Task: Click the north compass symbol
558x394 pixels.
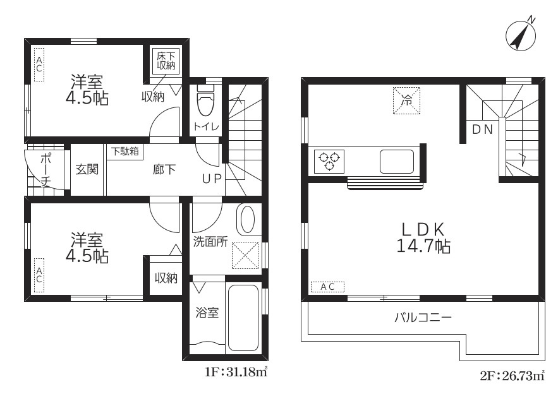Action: pos(520,35)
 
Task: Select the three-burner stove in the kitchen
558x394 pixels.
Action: pos(329,162)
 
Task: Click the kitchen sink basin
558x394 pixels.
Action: pos(397,162)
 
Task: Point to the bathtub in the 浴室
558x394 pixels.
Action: pos(243,318)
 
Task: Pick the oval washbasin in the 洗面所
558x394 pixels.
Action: pos(247,219)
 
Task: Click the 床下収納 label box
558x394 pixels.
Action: pos(166,61)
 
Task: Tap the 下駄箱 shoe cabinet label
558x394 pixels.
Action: pos(124,152)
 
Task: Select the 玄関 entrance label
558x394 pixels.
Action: pos(87,170)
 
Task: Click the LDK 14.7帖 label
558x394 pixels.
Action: pos(423,237)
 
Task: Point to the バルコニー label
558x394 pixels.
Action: pos(423,317)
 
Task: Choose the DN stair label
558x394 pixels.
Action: pos(483,130)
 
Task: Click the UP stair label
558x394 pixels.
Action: pos(212,179)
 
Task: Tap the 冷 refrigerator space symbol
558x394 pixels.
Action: pos(406,100)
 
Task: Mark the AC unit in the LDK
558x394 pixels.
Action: pos(328,287)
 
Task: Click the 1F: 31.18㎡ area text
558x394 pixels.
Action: pos(236,373)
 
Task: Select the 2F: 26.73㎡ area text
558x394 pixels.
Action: pos(512,376)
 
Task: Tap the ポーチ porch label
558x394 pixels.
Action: pos(45,170)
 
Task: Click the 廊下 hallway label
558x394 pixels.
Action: pos(164,170)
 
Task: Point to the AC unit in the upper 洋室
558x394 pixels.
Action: pos(39,64)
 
